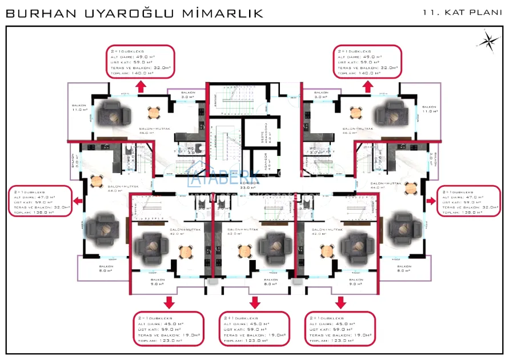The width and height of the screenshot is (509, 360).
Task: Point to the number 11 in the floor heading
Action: tap(429, 11)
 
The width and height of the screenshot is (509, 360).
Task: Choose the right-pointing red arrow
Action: tap(430, 200)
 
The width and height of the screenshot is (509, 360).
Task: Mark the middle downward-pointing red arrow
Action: tap(254, 302)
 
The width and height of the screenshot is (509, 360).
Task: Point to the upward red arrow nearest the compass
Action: tap(368, 86)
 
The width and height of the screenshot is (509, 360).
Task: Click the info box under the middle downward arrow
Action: tap(254, 329)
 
